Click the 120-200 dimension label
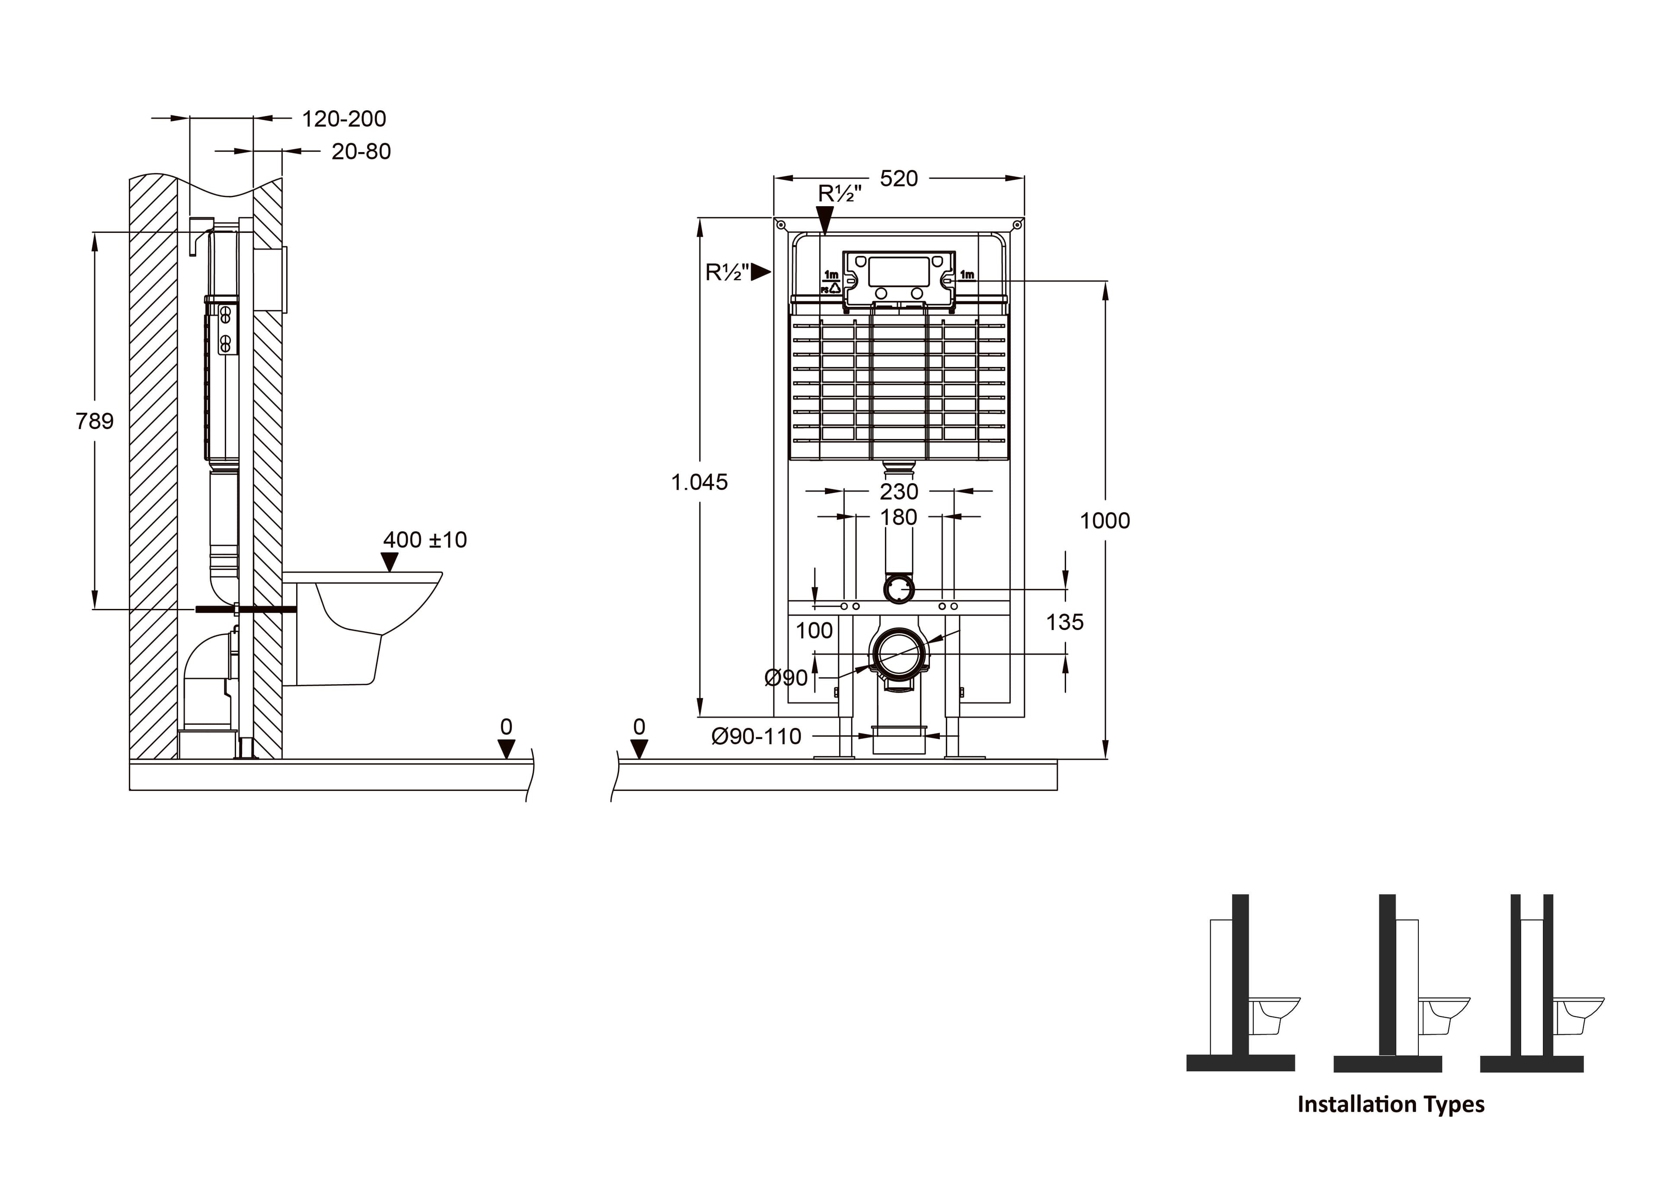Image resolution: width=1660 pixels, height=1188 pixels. point(344,118)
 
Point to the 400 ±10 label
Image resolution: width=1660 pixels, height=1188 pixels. point(425,540)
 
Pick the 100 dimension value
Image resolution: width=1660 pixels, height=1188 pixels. point(814,631)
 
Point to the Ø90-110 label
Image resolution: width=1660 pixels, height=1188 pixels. point(757,737)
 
